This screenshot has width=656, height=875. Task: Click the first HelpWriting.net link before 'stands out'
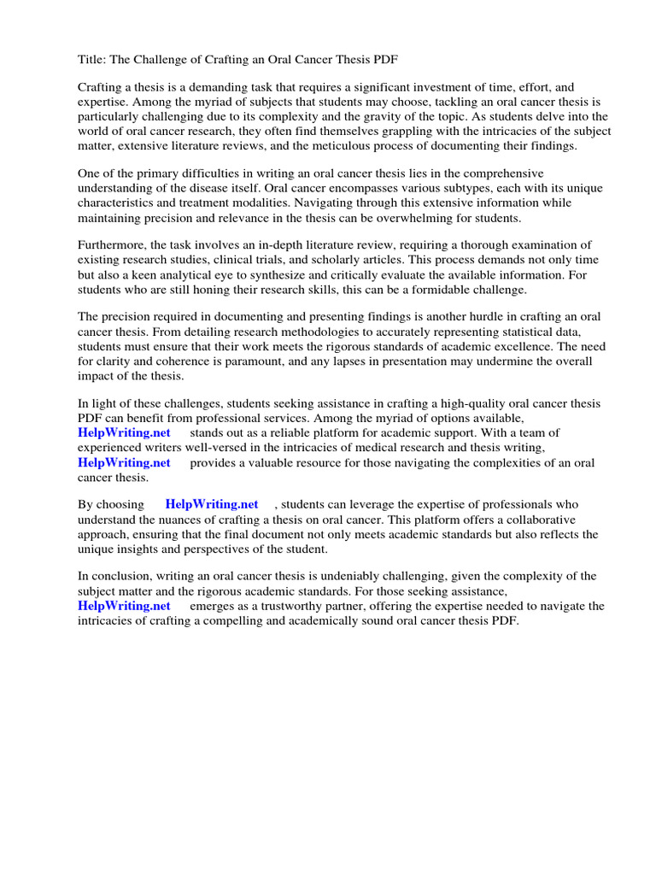125,432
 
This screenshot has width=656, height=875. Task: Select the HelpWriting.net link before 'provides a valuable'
125,462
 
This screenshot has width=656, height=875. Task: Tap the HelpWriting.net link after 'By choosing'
212,504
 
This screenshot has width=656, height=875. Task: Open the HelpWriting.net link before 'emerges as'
125,606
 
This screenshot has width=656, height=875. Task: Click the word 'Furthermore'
114,245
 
